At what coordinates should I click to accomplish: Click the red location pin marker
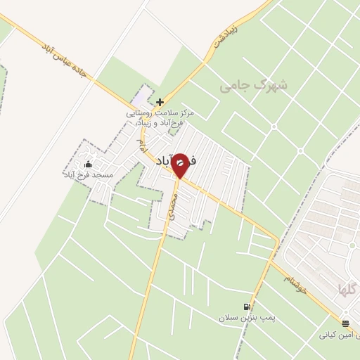point(179,165)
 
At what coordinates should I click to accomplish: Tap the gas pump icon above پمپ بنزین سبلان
point(245,307)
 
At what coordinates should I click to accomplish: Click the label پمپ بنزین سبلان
point(245,319)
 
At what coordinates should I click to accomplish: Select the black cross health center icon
point(160,102)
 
